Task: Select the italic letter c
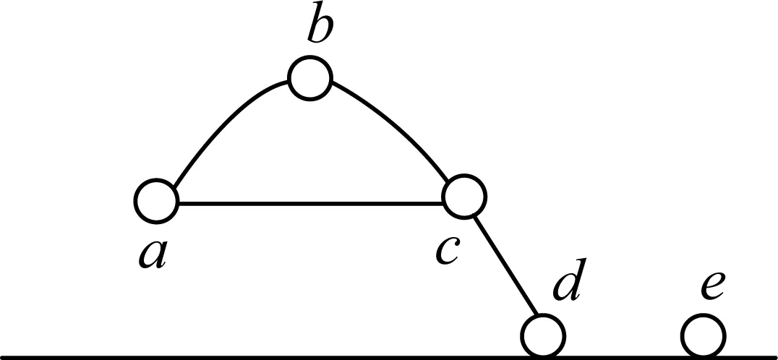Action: tap(448, 250)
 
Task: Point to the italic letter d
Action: tap(570, 280)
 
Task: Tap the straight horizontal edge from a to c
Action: tap(311, 203)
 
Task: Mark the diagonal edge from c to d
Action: tap(505, 265)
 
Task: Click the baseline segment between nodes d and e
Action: tap(623, 356)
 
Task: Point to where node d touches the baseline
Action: tap(543, 357)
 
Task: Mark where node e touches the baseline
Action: tap(704, 357)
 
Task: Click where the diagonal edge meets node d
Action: tap(537, 315)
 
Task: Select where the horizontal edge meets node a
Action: tap(179, 203)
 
